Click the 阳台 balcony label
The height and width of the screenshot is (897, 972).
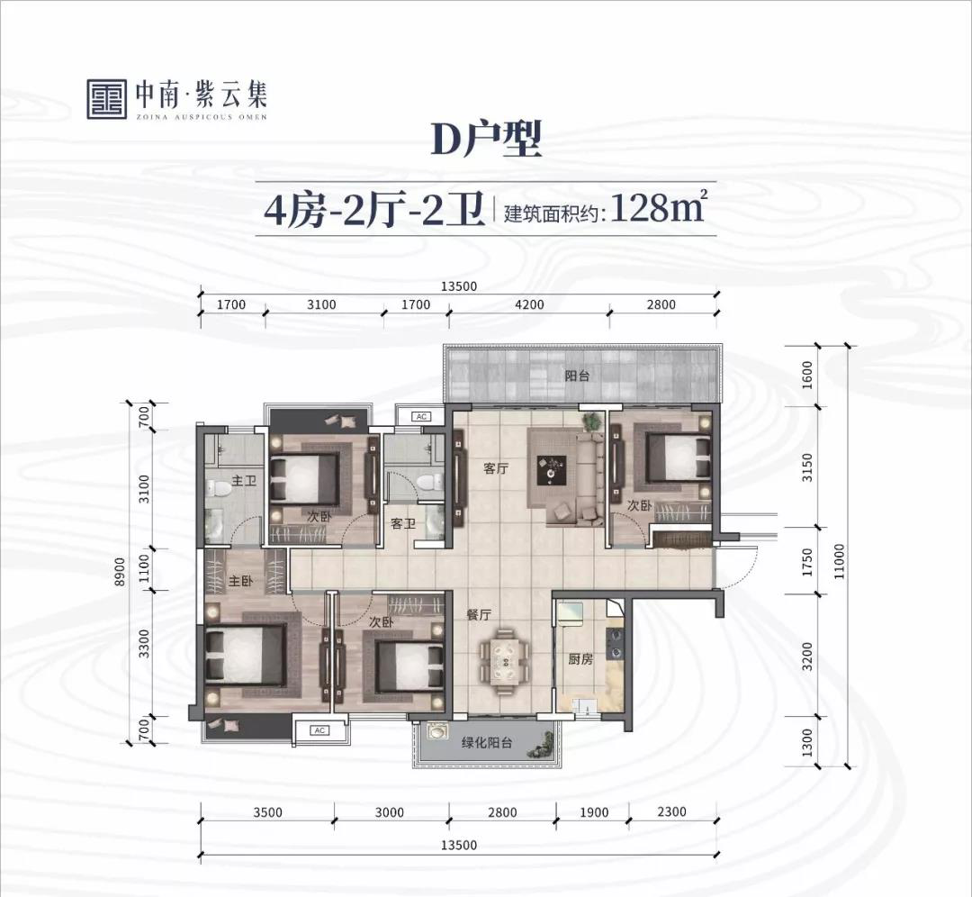(577, 376)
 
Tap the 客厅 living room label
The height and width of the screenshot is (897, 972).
(495, 468)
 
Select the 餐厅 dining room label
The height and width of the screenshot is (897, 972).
(479, 615)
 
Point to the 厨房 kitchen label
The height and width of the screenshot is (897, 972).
(580, 659)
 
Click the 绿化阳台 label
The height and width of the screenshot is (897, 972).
(487, 742)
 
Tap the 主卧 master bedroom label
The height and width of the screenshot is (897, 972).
(241, 581)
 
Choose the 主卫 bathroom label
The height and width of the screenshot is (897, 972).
(244, 481)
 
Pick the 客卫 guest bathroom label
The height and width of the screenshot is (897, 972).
(403, 524)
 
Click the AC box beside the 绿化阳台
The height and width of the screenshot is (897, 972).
(319, 730)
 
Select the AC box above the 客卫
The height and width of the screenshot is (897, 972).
(421, 416)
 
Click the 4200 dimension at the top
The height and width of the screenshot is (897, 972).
(529, 304)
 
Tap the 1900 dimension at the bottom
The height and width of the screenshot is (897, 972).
(594, 812)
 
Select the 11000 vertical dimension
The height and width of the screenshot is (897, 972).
(839, 561)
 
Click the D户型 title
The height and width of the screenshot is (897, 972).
(486, 140)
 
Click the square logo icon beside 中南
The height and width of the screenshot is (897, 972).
(107, 99)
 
